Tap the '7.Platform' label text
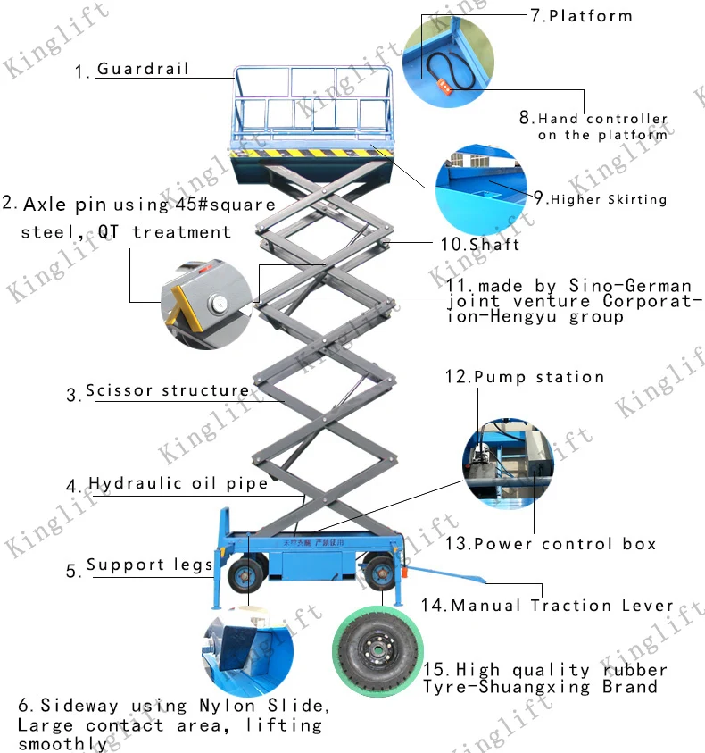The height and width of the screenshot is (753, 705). [581, 16]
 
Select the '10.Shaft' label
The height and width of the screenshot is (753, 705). [479, 243]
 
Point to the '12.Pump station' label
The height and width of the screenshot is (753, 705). [525, 377]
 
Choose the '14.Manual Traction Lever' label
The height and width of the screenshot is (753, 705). [547, 606]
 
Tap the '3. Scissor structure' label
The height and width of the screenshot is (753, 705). [158, 391]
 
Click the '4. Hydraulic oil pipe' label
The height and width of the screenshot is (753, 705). [167, 484]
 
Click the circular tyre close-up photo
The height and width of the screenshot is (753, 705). [375, 654]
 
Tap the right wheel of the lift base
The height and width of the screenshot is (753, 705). [378, 573]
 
